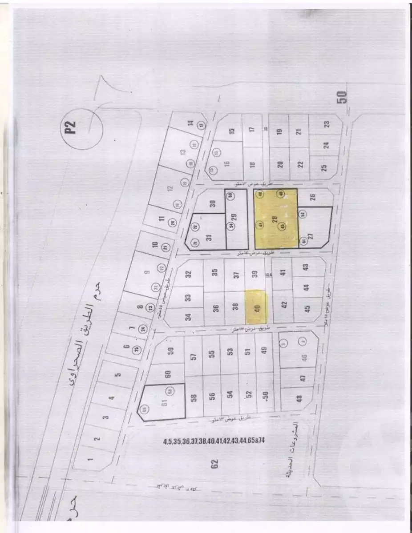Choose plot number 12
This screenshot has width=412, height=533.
point(169,187)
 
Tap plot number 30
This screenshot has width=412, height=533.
point(213,203)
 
